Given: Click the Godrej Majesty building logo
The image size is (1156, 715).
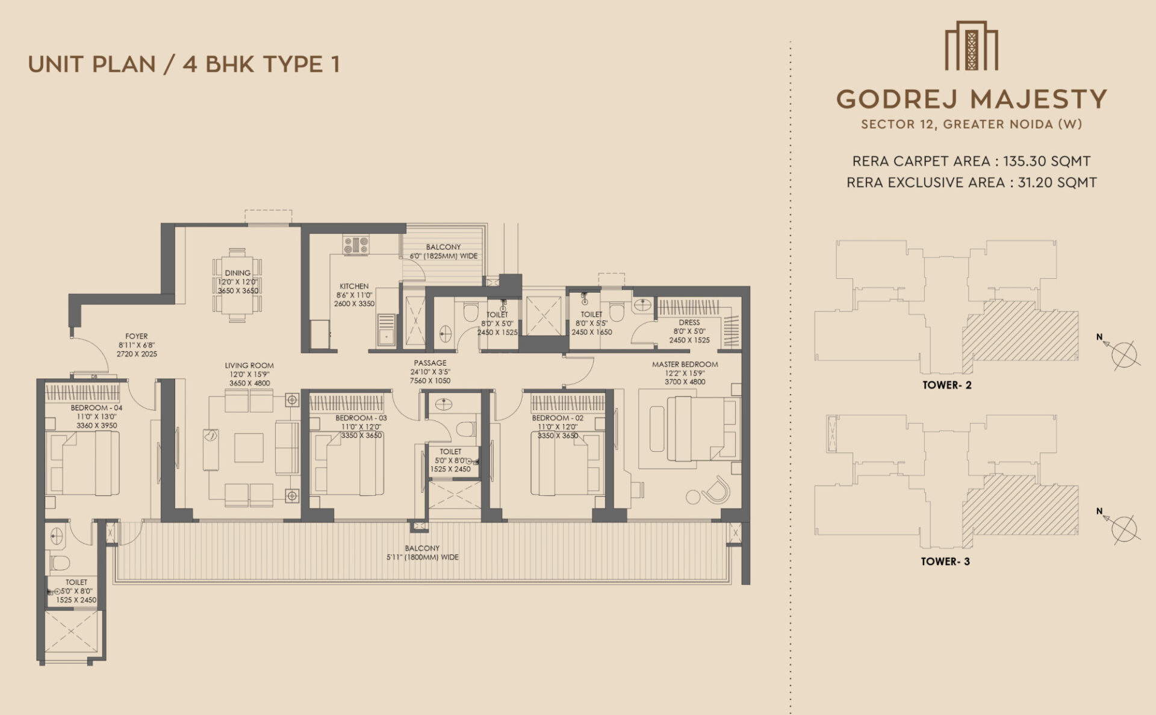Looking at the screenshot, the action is tap(971, 46).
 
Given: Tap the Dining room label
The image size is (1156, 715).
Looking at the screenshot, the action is tap(238, 273).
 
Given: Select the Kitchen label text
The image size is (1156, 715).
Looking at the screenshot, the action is tap(354, 286).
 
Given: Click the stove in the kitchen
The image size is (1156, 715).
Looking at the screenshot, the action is tap(356, 245).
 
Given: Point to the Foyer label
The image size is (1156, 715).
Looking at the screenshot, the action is tap(137, 336).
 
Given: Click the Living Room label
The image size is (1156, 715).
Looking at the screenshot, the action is tap(249, 365).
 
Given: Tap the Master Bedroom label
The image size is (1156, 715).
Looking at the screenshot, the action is tap(685, 364).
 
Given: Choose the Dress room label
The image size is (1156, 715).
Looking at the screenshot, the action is tap(689, 322).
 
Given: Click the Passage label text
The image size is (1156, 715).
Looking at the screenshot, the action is tap(430, 363).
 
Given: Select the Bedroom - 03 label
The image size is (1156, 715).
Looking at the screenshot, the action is tap(361, 418).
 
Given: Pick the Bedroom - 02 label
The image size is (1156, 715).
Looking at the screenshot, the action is tap(558, 418).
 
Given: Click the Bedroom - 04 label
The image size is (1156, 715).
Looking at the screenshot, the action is tap(96, 408).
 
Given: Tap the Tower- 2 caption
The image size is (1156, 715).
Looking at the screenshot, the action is tap(947, 385).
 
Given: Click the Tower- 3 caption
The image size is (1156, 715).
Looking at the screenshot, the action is tap(945, 561).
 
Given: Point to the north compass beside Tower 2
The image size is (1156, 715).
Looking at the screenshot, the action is tap(1122, 352).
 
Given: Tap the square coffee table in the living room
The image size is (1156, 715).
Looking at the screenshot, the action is tap(249, 448).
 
